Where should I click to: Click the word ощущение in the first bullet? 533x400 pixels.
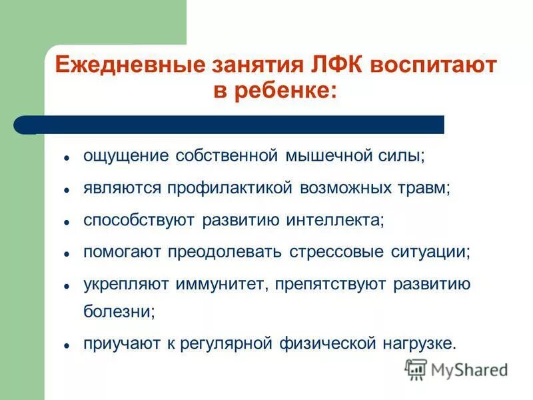125,156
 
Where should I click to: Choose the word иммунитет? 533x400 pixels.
222,285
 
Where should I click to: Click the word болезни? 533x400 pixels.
119,311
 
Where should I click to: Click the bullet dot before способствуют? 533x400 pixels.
67,221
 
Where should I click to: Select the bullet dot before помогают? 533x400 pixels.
67,254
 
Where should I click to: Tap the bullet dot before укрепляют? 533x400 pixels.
67,286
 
